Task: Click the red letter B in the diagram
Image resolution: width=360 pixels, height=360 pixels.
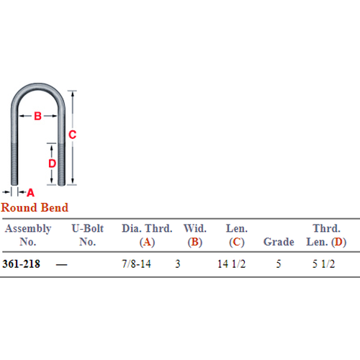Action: [37, 116]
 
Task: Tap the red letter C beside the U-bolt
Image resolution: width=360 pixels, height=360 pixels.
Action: [72, 135]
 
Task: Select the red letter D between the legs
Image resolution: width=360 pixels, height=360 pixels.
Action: [52, 163]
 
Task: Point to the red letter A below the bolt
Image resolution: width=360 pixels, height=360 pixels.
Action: [30, 192]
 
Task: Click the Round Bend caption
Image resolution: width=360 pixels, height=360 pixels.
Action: [35, 207]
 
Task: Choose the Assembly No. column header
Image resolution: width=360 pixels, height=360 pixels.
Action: [28, 235]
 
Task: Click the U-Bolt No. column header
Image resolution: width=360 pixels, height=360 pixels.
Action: [88, 235]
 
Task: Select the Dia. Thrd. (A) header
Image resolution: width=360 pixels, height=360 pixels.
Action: [147, 235]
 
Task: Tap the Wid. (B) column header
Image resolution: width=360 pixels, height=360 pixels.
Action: [195, 235]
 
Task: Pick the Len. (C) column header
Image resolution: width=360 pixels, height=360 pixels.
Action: [237, 235]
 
